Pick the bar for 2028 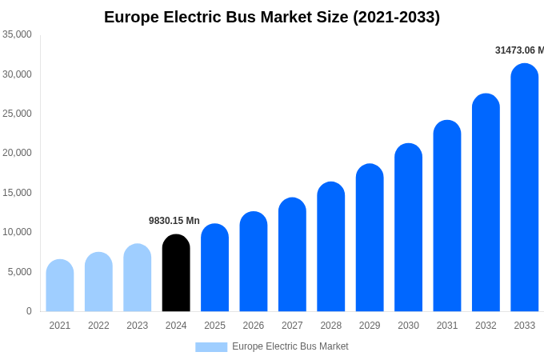[x=330, y=247]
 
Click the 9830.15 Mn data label [x=174, y=221]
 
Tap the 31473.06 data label [x=519, y=50]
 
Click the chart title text [x=272, y=17]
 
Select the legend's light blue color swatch [x=211, y=346]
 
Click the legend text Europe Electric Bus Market [x=290, y=346]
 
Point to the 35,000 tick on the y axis [x=17, y=34]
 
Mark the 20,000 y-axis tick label [x=17, y=153]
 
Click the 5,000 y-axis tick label [x=19, y=272]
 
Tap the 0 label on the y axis [x=29, y=311]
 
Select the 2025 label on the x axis [x=214, y=326]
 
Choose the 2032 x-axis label [x=486, y=326]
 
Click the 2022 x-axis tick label [x=98, y=326]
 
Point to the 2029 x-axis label [x=370, y=326]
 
